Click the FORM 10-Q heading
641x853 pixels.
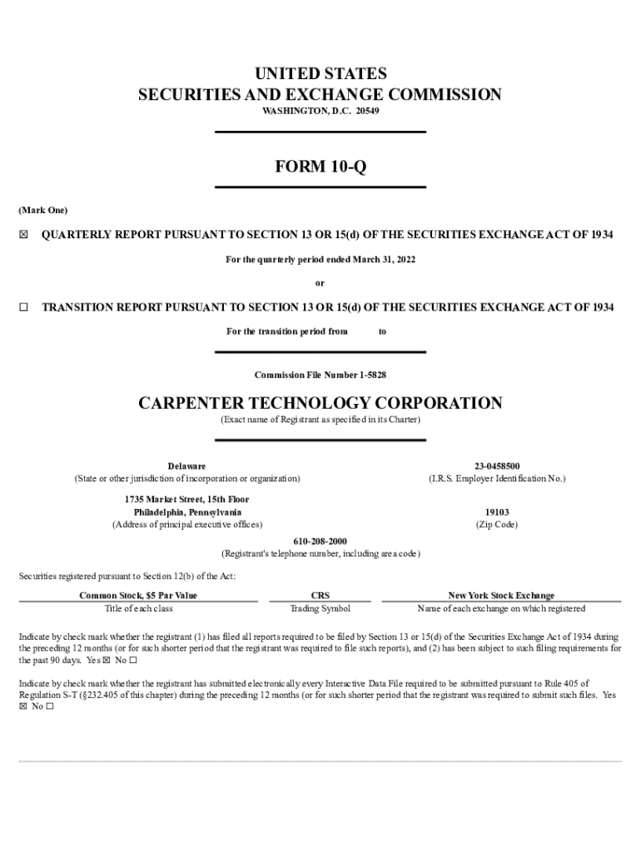(320, 167)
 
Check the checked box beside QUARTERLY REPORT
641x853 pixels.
(23, 235)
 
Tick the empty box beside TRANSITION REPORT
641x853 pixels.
(23, 307)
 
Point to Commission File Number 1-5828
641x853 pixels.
(320, 375)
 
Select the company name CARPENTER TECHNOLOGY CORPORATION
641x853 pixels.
(320, 403)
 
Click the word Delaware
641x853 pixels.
(186, 466)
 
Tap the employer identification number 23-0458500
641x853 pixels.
(497, 466)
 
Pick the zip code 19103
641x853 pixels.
(497, 512)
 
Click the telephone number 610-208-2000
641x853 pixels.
(320, 541)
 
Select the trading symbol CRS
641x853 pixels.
(320, 596)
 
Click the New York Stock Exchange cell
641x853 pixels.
(501, 596)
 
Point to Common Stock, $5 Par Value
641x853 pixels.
(138, 596)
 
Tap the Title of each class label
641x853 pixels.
(138, 608)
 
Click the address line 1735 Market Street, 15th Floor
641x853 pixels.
(186, 499)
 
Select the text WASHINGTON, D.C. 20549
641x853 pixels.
(320, 111)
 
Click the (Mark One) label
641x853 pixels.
(43, 210)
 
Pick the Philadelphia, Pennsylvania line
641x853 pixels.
(187, 511)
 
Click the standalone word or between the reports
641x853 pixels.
(320, 283)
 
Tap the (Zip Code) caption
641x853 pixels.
(497, 525)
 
